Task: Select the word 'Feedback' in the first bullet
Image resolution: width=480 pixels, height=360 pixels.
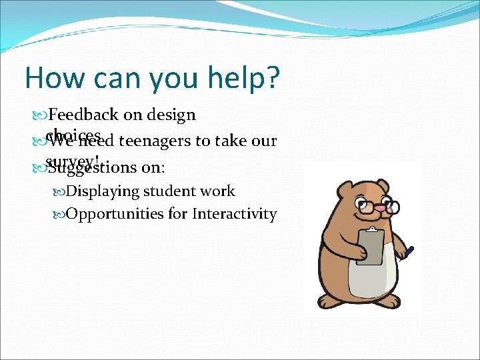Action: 84,115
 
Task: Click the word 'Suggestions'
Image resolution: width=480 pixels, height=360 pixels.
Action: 87,167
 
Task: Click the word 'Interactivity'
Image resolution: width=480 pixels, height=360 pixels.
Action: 234,214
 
